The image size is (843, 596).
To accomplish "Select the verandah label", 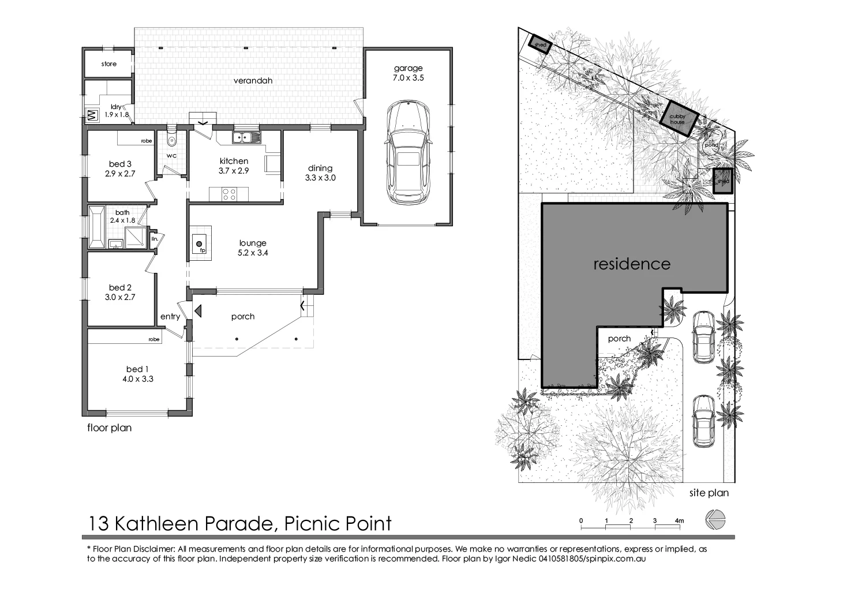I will click(252, 81).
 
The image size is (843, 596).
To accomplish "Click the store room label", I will click(108, 64).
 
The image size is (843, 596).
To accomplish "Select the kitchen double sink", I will click(246, 137).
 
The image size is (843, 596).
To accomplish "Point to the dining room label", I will click(320, 168).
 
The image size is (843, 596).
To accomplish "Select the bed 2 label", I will click(120, 287).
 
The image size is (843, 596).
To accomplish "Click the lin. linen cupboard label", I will click(154, 238).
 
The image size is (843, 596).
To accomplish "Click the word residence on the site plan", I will click(632, 264).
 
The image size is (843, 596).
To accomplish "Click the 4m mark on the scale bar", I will click(680, 521).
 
